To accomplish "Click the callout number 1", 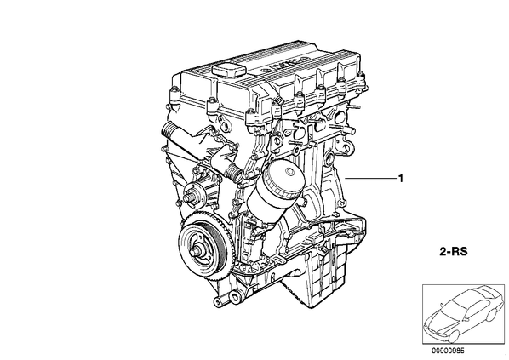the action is coord(401,178).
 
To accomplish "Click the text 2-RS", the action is coord(454,252).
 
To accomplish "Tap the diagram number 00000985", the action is coord(448,351).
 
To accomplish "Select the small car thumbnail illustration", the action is coord(463,314).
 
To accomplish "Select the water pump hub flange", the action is coord(193,197).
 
